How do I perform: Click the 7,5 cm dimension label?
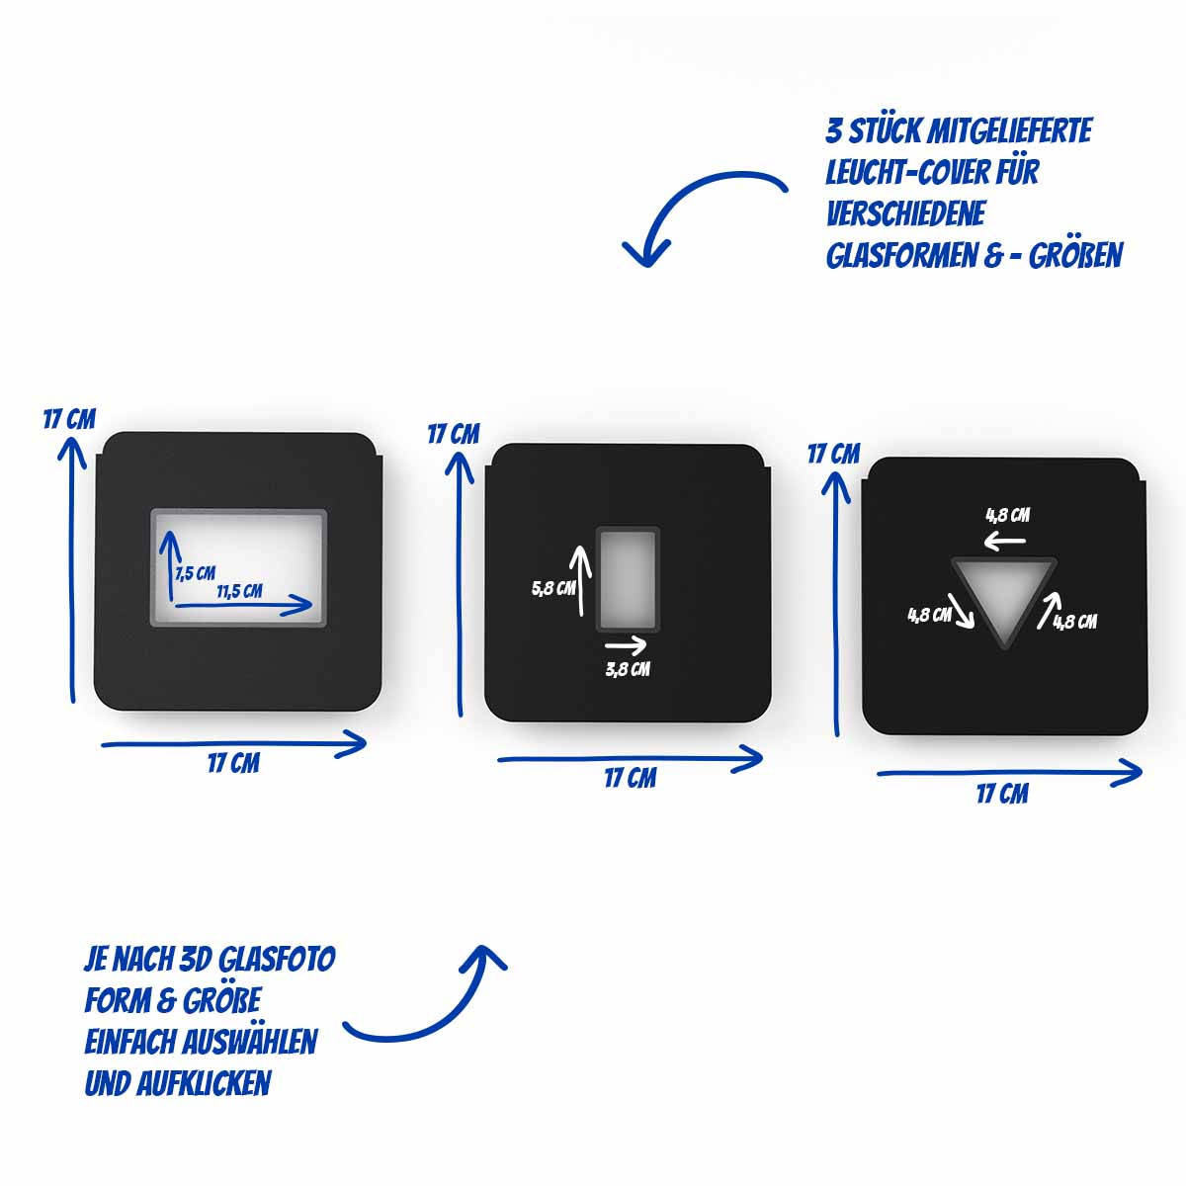click(196, 573)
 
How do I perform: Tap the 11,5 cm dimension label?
click(239, 591)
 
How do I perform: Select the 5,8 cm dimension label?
click(553, 588)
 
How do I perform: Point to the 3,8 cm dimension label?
click(628, 669)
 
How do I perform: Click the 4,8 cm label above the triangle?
click(1008, 515)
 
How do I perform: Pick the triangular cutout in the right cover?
click(1004, 597)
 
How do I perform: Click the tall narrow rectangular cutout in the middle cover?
click(628, 578)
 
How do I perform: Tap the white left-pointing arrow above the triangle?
click(1004, 542)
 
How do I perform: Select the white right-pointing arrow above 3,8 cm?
click(626, 645)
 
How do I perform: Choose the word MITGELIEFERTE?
click(1009, 131)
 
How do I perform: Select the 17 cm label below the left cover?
click(233, 764)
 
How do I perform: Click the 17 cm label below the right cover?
click(1002, 794)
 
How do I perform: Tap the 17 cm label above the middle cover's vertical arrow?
click(454, 435)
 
